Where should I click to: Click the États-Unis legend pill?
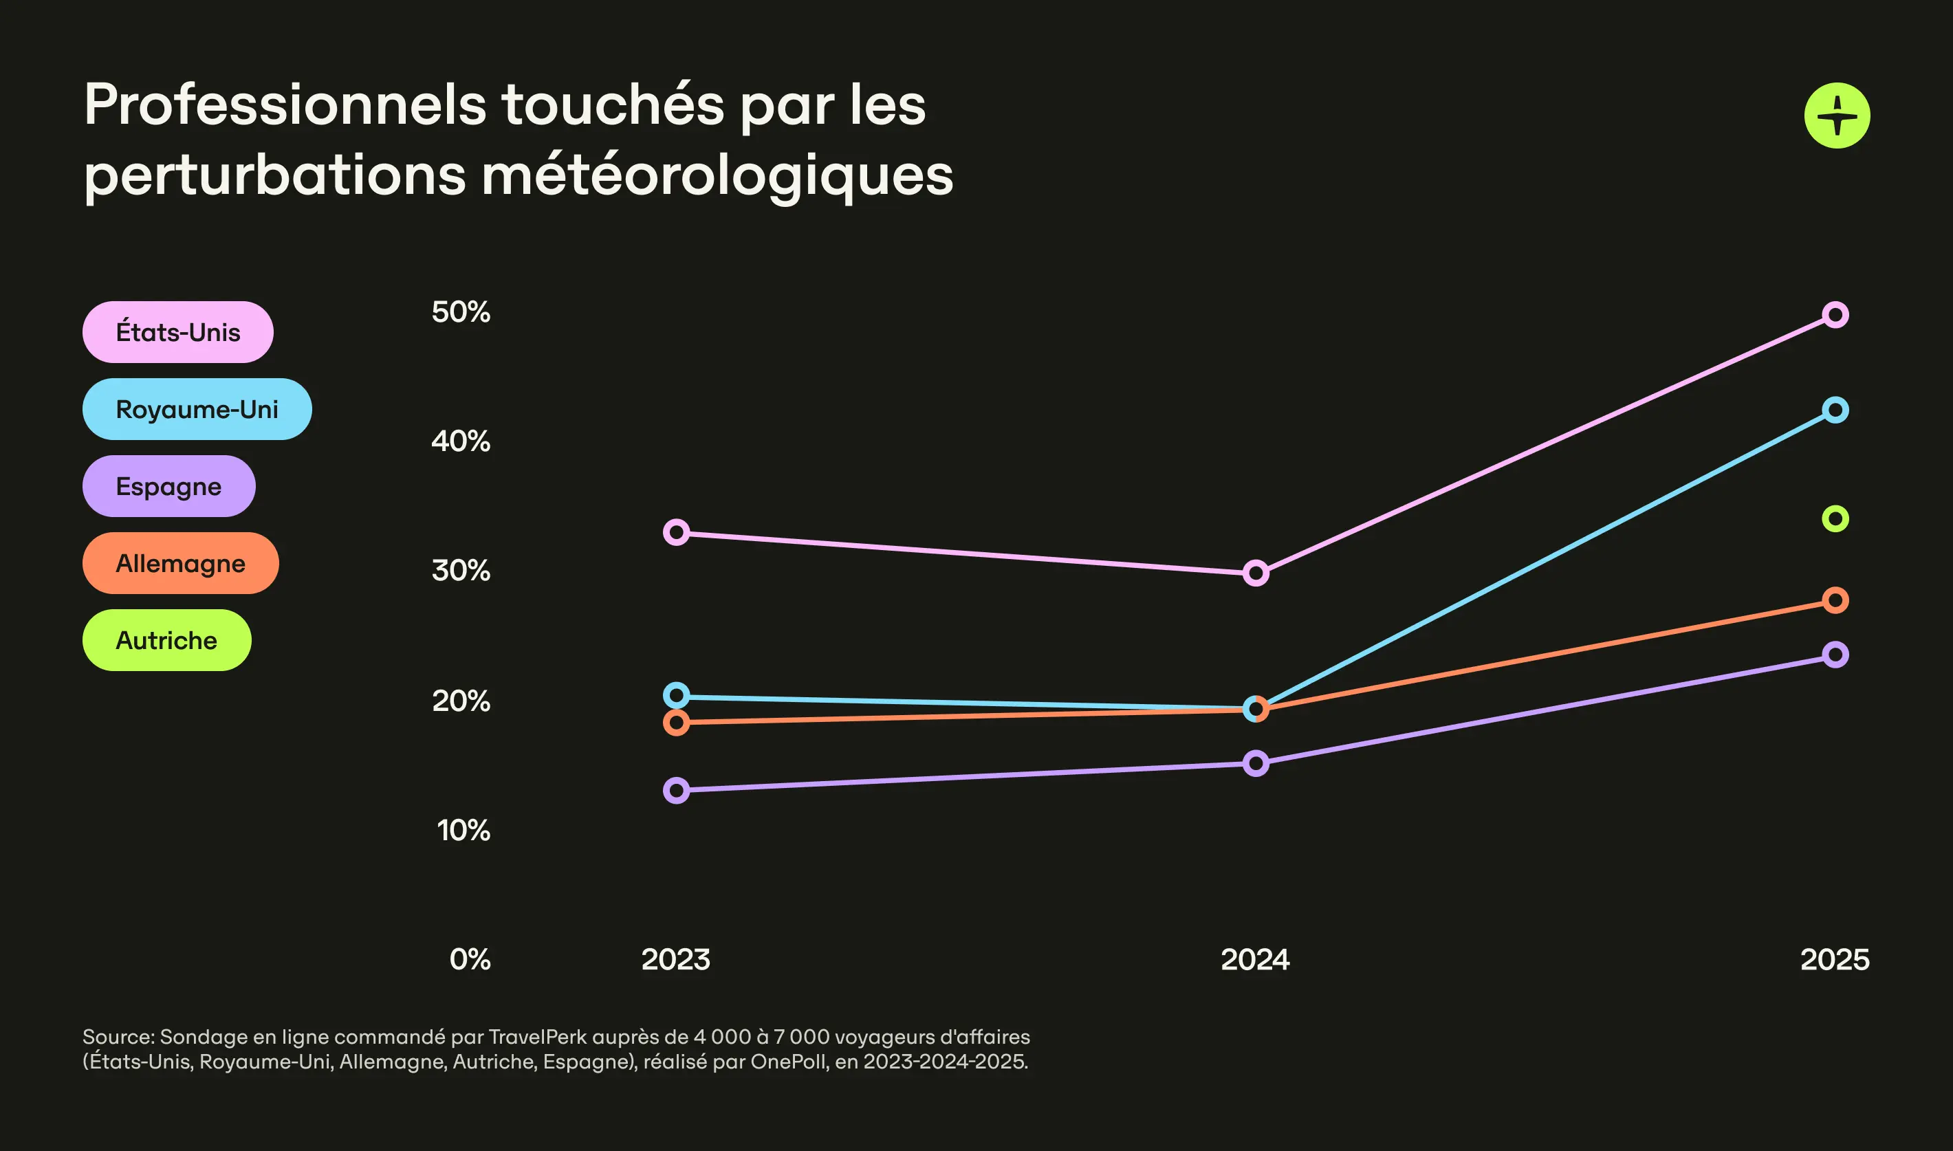pyautogui.click(x=177, y=332)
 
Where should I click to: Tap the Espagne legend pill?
pyautogui.click(x=168, y=486)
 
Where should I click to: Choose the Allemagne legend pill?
pyautogui.click(x=180, y=563)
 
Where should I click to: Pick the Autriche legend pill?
pyautogui.click(x=166, y=640)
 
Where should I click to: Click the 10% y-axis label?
pyautogui.click(x=463, y=830)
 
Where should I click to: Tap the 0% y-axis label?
pyautogui.click(x=469, y=959)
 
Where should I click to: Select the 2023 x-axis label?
pyautogui.click(x=675, y=959)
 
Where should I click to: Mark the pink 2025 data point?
pyautogui.click(x=1835, y=315)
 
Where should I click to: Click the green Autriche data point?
pyautogui.click(x=1835, y=519)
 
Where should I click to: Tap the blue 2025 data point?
pyautogui.click(x=1835, y=410)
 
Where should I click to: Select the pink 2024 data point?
pyautogui.click(x=1256, y=573)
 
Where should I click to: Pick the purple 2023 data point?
pyautogui.click(x=677, y=790)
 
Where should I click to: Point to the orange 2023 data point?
pyautogui.click(x=677, y=723)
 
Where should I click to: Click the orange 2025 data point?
pyautogui.click(x=1835, y=600)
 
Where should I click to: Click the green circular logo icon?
pyautogui.click(x=1837, y=116)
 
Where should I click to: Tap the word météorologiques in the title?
pyautogui.click(x=717, y=176)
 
